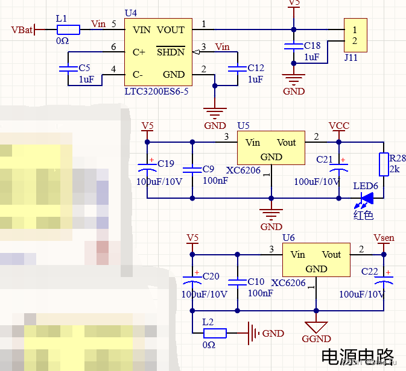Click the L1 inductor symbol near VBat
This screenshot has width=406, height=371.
(x=68, y=30)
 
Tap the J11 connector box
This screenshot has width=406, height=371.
(x=355, y=36)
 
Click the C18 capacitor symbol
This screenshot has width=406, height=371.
(x=294, y=46)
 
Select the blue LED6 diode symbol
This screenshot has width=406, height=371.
(x=367, y=198)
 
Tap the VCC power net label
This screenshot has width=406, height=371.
(x=338, y=126)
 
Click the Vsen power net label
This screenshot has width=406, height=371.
(x=384, y=238)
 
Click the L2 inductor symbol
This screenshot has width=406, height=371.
(x=214, y=333)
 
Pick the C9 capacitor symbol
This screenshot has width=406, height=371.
(x=192, y=169)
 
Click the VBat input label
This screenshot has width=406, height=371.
(x=22, y=30)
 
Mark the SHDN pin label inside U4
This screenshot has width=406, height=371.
(x=171, y=52)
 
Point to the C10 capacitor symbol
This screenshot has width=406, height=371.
(x=238, y=281)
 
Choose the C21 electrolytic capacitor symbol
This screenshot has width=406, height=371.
(x=338, y=169)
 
